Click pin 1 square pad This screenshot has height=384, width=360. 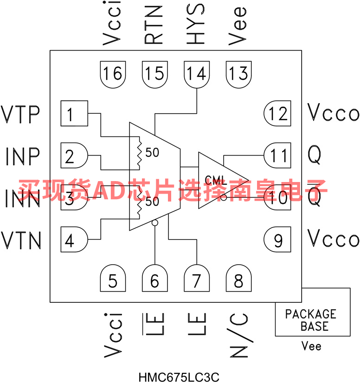pyautogui.click(x=74, y=113)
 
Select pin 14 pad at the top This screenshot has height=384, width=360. pyautogui.click(x=197, y=73)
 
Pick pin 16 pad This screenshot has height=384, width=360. pyautogui.click(x=113, y=73)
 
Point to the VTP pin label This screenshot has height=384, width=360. pyautogui.click(x=21, y=113)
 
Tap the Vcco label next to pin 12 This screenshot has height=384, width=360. pyautogui.click(x=334, y=113)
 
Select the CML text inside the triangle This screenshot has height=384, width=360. pyautogui.click(x=215, y=181)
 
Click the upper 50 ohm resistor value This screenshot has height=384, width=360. pyautogui.click(x=152, y=152)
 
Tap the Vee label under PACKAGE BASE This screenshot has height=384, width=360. pyautogui.click(x=311, y=346)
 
